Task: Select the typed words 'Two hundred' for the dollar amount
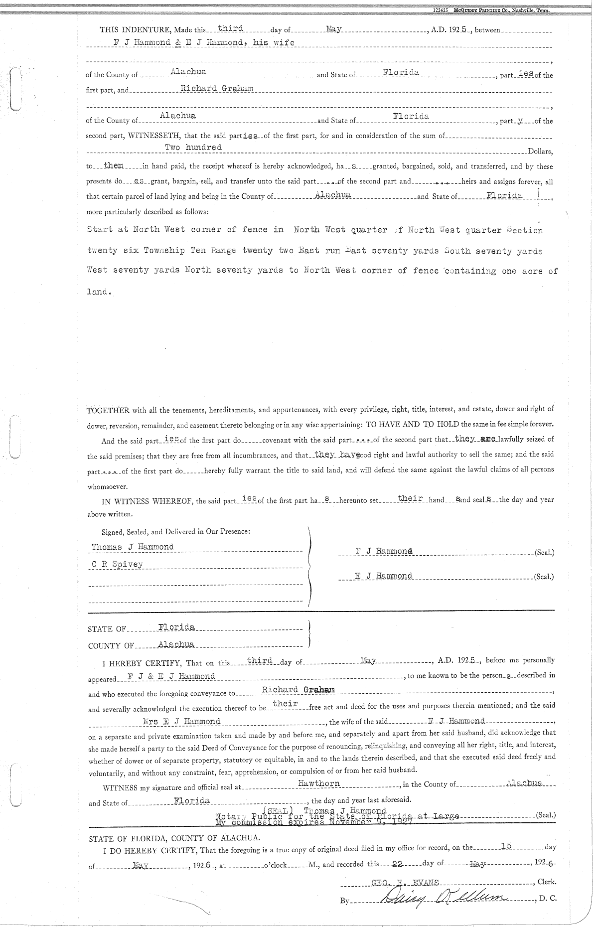[x=193, y=148]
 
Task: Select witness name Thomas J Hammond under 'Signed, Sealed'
[x=133, y=547]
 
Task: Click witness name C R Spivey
[x=117, y=564]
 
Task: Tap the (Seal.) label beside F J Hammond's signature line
[x=544, y=553]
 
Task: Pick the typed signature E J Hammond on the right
[x=384, y=576]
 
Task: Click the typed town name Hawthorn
[x=319, y=783]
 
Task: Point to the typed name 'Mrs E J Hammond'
[x=181, y=721]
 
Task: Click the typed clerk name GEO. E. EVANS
[x=405, y=882]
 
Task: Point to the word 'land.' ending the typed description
[x=98, y=292]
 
